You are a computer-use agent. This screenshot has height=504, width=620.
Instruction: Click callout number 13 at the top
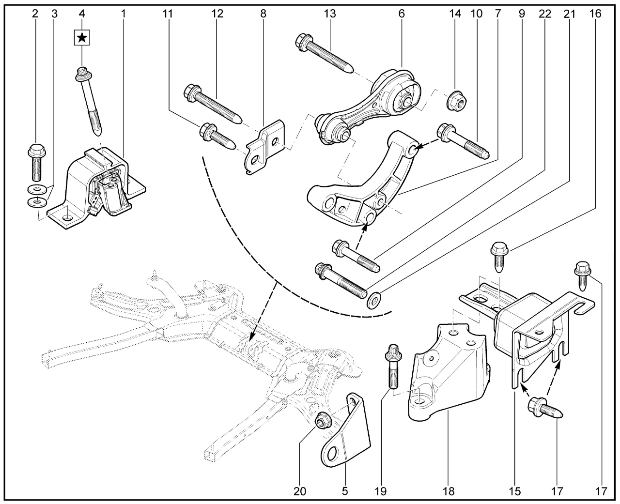click(x=330, y=14)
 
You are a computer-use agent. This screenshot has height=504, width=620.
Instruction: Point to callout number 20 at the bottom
click(x=300, y=491)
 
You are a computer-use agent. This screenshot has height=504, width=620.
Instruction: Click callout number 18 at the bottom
click(x=449, y=491)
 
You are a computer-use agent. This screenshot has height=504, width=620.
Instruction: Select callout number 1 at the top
click(x=123, y=14)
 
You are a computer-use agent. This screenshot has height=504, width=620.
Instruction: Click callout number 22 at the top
click(x=545, y=14)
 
